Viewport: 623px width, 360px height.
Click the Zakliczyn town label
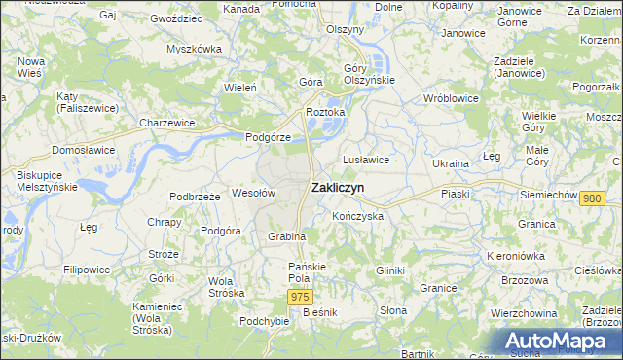(339, 188)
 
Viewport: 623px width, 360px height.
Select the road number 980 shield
(591, 198)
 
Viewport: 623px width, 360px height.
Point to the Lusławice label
(366, 159)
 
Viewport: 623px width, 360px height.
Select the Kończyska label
(357, 215)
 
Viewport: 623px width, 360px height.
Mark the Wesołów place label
(253, 193)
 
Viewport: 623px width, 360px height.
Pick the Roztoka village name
(326, 112)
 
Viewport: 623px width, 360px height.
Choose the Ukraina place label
(451, 163)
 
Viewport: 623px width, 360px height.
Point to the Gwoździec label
(176, 18)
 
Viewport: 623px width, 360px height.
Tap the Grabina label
(287, 236)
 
